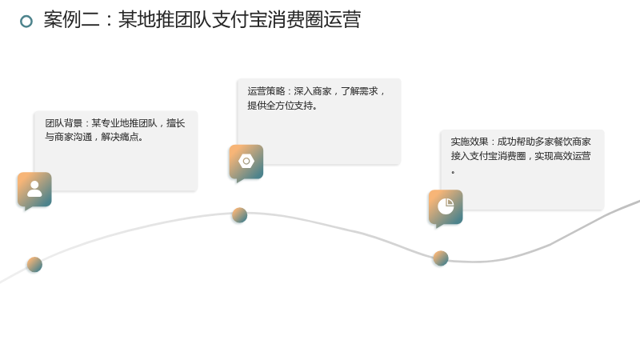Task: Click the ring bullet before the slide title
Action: pos(26,22)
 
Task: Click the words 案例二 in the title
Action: pos(72,19)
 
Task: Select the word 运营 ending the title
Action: pos(342,19)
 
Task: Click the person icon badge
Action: pos(34,190)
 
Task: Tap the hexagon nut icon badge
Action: pos(246,162)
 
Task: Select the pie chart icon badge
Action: pos(446,208)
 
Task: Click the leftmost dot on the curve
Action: pos(34,265)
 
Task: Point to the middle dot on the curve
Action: pos(239,215)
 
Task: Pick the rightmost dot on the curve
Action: pos(441,258)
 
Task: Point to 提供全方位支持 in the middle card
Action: pos(280,106)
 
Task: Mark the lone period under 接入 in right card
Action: pos(453,172)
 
